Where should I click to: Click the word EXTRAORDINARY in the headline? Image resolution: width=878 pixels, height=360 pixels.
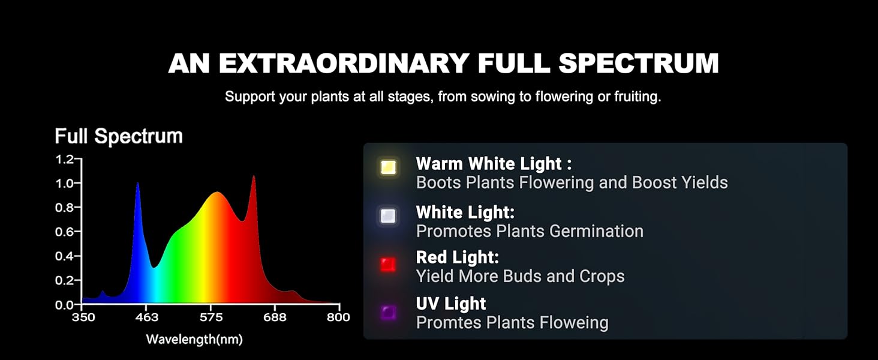click(x=344, y=63)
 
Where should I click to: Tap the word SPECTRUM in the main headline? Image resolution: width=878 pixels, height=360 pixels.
click(x=639, y=63)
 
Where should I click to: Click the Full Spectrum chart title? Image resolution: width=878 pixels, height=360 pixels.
click(x=119, y=136)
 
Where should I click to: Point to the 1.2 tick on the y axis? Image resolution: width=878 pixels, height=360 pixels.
click(x=65, y=159)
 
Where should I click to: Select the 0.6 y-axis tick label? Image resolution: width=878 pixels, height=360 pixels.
click(x=65, y=232)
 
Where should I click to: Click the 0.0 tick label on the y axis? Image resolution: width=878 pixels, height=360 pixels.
click(x=65, y=305)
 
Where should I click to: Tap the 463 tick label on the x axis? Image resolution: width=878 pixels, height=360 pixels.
click(x=146, y=317)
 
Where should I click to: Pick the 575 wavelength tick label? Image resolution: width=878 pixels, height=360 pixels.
click(x=211, y=317)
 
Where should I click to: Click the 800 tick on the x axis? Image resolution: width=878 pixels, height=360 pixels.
click(x=338, y=317)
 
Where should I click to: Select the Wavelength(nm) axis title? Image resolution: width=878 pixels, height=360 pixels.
click(x=194, y=339)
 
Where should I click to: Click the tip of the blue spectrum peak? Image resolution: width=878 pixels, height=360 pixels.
click(x=137, y=183)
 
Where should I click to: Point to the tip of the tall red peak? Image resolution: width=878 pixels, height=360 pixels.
click(x=254, y=176)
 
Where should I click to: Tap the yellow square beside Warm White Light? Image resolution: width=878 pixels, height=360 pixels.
click(x=388, y=167)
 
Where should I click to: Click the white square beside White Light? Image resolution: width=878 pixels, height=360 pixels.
click(x=388, y=215)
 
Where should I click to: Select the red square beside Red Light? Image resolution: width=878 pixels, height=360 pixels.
click(x=388, y=265)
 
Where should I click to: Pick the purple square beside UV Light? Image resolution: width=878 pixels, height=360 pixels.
click(x=388, y=313)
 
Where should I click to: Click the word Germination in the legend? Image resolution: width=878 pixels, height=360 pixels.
click(x=596, y=232)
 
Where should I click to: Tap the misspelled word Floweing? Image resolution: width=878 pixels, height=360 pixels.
click(x=574, y=323)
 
